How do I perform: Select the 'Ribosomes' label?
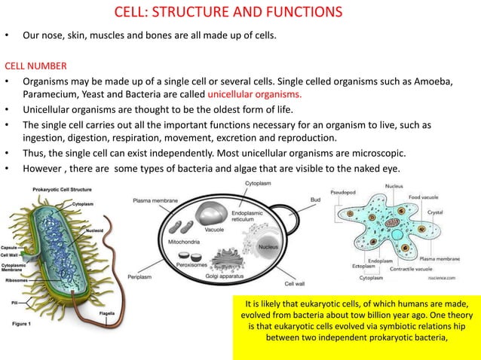click(14, 278)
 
